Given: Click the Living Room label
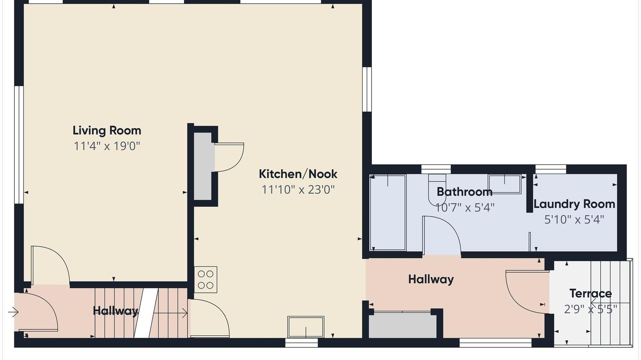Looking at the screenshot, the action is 107,130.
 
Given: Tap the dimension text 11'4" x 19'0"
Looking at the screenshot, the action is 107,146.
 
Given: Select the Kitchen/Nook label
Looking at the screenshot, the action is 298,174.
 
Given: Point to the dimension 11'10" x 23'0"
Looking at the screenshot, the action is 298,190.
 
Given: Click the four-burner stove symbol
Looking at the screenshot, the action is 206,280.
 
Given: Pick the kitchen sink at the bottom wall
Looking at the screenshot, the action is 306,327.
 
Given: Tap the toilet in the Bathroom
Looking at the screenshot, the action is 437,190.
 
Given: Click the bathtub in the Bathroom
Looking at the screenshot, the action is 388,213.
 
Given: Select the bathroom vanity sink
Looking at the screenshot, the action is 504,184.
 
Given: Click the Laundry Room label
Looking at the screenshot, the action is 574,204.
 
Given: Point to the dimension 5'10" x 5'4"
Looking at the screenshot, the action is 574,220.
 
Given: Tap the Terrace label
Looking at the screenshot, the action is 591,294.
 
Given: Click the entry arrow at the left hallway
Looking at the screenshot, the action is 13,312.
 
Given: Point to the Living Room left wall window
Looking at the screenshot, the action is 19,144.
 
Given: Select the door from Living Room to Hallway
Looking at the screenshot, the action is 50,265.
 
